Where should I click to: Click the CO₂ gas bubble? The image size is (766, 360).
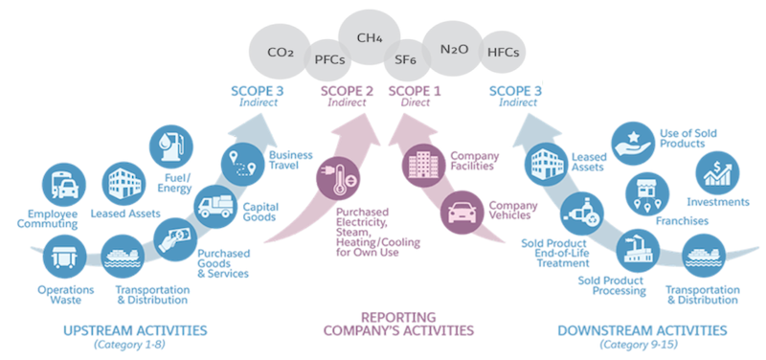pos(280,50)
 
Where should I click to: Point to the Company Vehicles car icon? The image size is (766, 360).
pos(463,213)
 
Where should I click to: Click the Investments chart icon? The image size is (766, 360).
pos(719,173)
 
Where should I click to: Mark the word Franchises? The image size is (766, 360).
pos(681,221)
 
